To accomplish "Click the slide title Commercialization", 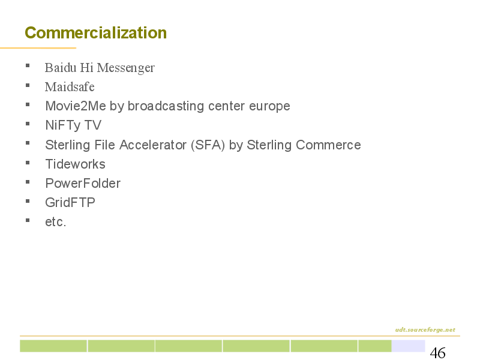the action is pos(96,33).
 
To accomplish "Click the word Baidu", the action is pos(61,68).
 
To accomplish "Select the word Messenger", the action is pos(126,68).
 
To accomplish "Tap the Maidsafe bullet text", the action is pos(70,86).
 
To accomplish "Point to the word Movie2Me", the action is pos(76,106).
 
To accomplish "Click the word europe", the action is pos(269,107).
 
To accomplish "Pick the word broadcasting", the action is pos(166,107).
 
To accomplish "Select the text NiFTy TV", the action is pos(73,125).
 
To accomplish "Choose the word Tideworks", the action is pos(76,164).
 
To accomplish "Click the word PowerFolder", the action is pos(83,184).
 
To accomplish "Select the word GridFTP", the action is pos(70,202).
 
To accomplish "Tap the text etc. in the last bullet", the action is pos(55,222).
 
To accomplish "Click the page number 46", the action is pos(438,353).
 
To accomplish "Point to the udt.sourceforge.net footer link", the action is pos(425,329).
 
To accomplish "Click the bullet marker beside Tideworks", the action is pos(28,163).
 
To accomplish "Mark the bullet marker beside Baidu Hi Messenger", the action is pos(28,65).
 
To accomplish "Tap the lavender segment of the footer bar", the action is pos(409,346).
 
